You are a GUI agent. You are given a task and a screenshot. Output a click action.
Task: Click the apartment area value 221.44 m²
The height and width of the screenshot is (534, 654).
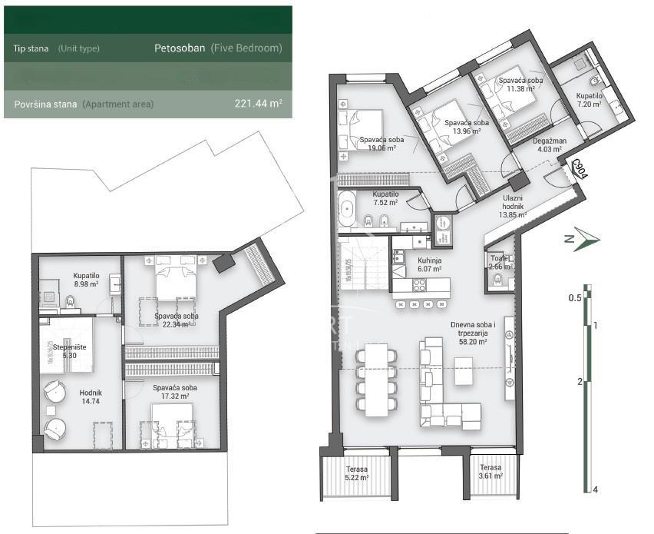pyautogui.click(x=258, y=104)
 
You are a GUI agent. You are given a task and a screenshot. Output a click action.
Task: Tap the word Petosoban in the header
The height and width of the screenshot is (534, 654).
pyautogui.click(x=180, y=48)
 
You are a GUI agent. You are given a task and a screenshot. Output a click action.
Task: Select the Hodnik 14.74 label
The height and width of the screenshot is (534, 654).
pyautogui.click(x=91, y=396)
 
